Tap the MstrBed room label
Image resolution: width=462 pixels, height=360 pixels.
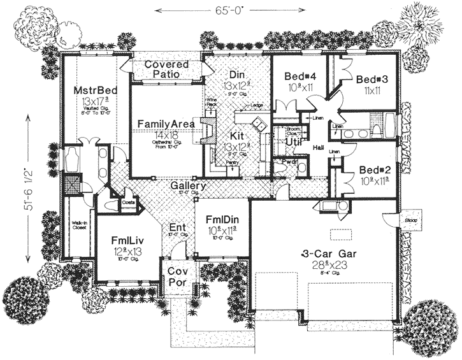(94, 90)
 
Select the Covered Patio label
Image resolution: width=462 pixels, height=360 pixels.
(166, 69)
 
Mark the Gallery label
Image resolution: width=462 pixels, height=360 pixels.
(187, 185)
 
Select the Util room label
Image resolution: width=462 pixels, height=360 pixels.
(293, 142)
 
